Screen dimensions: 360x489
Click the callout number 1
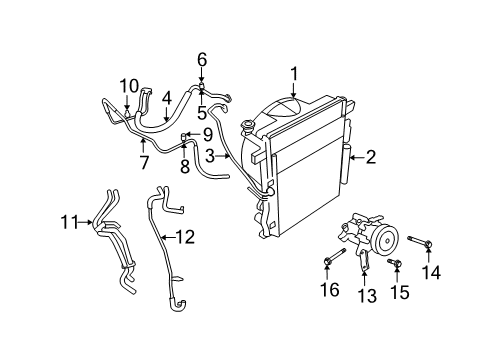point(294,72)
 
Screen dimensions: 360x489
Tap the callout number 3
point(210,156)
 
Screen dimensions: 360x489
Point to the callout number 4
point(167,98)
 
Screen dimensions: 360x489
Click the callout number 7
point(143,161)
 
